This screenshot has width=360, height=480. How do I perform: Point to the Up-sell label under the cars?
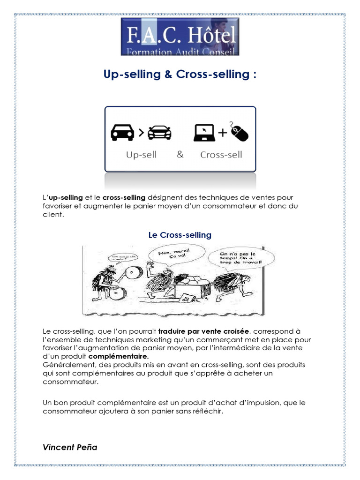tap(141, 155)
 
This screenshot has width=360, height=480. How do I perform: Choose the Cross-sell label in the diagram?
tap(221, 155)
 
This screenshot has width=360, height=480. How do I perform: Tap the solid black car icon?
tap(122, 133)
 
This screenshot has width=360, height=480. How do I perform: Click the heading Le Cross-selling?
tap(180, 235)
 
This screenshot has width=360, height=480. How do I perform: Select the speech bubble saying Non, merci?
tap(169, 256)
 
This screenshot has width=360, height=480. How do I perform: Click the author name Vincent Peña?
tap(70, 447)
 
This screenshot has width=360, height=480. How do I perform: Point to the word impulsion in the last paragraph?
tap(254, 403)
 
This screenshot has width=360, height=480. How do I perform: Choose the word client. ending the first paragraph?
tap(52, 214)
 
